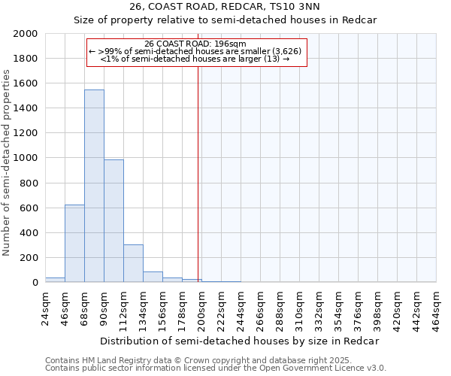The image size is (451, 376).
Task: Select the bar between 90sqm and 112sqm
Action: (114, 221)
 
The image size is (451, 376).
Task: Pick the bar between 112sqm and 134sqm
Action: (133, 263)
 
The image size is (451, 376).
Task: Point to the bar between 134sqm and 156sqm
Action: (153, 277)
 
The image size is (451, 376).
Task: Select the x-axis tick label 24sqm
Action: (45, 307)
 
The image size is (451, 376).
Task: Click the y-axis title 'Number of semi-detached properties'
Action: (8, 162)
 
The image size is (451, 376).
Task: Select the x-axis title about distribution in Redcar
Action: (240, 341)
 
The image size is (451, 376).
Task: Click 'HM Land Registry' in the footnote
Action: (112, 360)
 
